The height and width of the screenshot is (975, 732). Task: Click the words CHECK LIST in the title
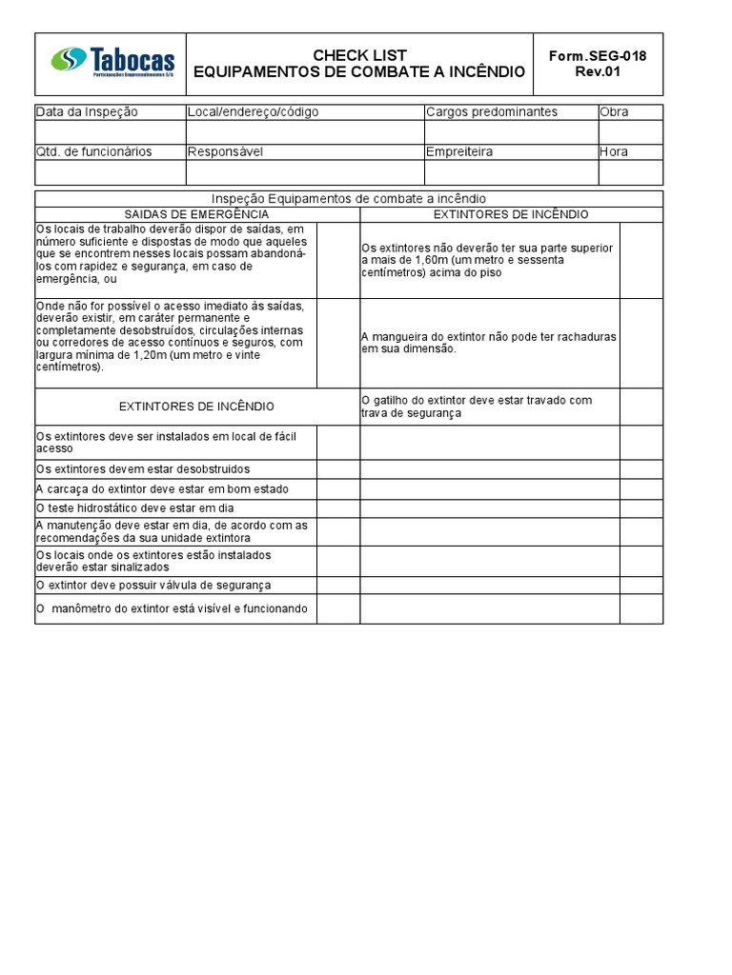pyautogui.click(x=359, y=55)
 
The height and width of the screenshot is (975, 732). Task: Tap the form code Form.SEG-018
pyautogui.click(x=598, y=55)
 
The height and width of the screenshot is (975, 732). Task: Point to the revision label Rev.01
pyautogui.click(x=598, y=71)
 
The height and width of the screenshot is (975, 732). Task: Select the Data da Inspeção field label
pyautogui.click(x=87, y=112)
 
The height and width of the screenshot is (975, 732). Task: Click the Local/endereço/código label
pyautogui.click(x=254, y=112)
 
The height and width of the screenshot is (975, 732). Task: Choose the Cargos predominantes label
pyautogui.click(x=492, y=112)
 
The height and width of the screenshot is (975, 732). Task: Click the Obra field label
pyautogui.click(x=615, y=112)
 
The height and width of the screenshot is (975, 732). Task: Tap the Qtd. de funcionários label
pyautogui.click(x=93, y=151)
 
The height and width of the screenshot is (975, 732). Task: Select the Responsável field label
pyautogui.click(x=225, y=151)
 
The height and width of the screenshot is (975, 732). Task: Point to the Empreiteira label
pyautogui.click(x=459, y=151)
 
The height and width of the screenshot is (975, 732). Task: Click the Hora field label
pyautogui.click(x=615, y=151)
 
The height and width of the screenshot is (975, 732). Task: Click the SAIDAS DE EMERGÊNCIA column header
pyautogui.click(x=197, y=215)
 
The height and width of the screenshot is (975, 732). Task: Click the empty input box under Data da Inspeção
pyautogui.click(x=111, y=131)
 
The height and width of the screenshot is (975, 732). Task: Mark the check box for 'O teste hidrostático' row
pyautogui.click(x=337, y=508)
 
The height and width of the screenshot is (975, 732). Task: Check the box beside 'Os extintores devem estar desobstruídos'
pyautogui.click(x=337, y=469)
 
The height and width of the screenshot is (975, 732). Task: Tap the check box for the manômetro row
pyautogui.click(x=337, y=608)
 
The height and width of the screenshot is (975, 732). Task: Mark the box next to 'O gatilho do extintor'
pyautogui.click(x=640, y=407)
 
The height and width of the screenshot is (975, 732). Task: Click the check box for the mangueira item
pyautogui.click(x=640, y=343)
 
